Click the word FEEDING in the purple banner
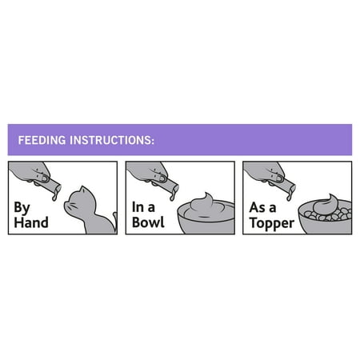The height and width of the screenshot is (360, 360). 42,140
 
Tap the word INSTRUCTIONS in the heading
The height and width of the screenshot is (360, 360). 111,140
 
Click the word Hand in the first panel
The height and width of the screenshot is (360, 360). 31,222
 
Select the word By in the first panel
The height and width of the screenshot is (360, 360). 22,208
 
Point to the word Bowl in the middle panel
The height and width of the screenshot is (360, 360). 148,222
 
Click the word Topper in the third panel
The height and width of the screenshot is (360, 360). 272,223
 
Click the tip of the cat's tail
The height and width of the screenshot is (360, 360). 115,214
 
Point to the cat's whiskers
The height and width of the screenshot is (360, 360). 70,206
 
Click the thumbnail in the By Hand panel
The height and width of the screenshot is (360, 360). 44,178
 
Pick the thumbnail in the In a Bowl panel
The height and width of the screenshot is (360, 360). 162,178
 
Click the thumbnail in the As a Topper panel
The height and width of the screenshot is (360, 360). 279,178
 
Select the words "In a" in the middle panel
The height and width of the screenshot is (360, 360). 143,207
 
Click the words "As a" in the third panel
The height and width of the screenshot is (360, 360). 262,207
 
